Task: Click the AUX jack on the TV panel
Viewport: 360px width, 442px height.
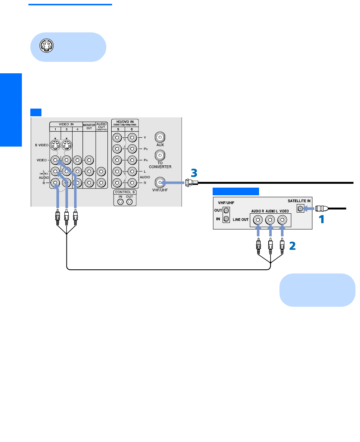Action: tap(160, 137)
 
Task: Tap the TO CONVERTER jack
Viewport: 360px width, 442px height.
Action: tap(160, 155)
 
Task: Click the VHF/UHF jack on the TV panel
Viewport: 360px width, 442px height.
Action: tap(160, 182)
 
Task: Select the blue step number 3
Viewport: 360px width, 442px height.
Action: tap(194, 173)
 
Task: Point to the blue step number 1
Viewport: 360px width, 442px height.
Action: tap(321, 219)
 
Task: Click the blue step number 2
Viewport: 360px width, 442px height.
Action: tap(292, 246)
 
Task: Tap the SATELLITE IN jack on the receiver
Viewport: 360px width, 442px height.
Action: tap(301, 209)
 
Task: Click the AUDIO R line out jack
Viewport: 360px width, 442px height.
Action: tap(258, 220)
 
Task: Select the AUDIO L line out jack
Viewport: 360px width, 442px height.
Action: tap(270, 220)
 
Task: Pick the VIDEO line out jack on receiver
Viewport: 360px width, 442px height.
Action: tap(282, 220)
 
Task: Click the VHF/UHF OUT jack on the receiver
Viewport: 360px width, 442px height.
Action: tap(226, 210)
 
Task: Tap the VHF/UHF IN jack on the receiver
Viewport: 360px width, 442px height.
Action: tap(226, 219)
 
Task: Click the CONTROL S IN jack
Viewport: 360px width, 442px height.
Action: tap(121, 202)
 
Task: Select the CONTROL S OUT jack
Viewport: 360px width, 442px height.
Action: tap(129, 202)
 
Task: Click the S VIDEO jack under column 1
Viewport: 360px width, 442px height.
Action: tap(55, 145)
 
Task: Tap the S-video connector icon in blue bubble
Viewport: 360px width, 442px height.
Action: tap(46, 46)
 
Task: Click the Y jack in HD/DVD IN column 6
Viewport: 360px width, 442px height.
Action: tap(132, 138)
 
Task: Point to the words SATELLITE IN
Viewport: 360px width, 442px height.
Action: tap(299, 201)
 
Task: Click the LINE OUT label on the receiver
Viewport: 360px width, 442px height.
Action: tap(241, 219)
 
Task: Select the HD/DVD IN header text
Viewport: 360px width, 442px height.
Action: tap(125, 122)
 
